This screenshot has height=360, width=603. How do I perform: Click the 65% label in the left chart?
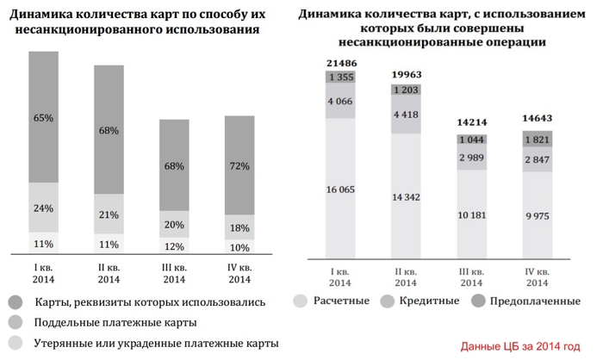[x=43, y=117]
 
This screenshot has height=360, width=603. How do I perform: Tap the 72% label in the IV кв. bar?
[x=240, y=165]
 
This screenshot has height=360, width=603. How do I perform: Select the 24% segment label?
[x=43, y=208]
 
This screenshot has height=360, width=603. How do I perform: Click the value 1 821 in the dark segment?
[x=538, y=140]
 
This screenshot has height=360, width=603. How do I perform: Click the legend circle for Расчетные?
[x=301, y=302]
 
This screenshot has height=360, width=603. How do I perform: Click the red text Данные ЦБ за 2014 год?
[x=520, y=346]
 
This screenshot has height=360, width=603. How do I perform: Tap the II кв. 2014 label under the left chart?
[x=109, y=274]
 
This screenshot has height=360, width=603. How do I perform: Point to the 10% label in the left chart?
[x=240, y=248]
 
